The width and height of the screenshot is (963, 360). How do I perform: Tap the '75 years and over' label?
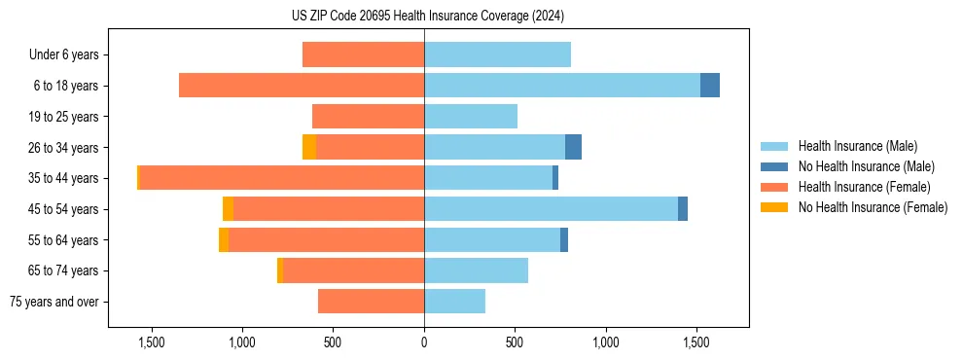54,302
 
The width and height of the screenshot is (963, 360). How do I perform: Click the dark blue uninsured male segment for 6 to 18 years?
710,86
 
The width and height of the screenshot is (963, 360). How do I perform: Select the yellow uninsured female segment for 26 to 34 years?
309,147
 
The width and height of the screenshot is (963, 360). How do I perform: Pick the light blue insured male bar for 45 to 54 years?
551,209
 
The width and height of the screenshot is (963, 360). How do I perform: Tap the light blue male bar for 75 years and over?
454,302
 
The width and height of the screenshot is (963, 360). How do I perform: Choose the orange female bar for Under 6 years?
363,54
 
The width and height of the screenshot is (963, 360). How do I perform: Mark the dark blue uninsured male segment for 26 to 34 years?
573,147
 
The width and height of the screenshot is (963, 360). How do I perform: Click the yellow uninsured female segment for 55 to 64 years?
224,240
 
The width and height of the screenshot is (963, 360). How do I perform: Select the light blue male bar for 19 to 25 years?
471,117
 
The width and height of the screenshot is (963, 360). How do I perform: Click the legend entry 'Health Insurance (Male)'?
857,146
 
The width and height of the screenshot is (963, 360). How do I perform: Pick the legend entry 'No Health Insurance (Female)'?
872,207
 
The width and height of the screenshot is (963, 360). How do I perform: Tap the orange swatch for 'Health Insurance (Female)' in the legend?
774,187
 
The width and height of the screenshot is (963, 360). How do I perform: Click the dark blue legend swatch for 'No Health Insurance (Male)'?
774,166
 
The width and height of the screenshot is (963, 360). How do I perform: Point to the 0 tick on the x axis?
424,342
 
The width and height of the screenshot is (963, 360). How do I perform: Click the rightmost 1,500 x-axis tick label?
696,342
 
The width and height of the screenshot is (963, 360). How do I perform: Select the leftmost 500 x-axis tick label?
333,342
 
